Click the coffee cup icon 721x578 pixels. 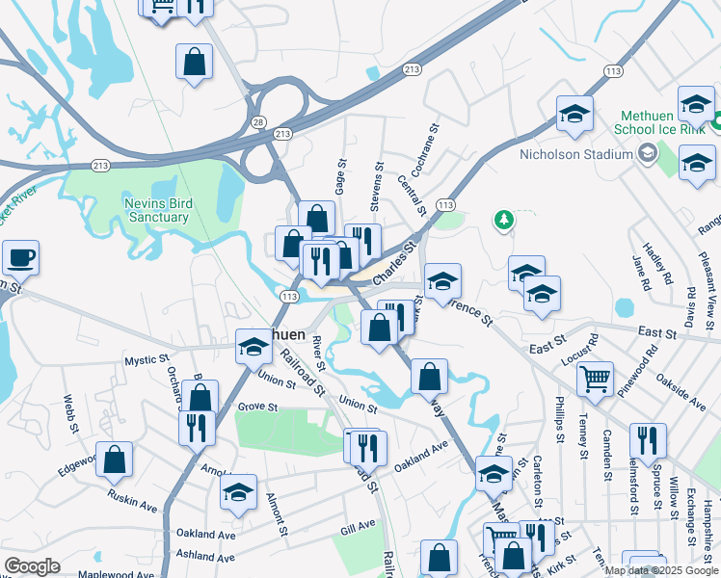19,258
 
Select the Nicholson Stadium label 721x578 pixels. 575,154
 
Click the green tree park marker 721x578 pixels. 502,222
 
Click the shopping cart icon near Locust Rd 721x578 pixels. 596,378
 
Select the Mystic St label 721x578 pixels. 147,361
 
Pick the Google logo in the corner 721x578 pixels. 32,566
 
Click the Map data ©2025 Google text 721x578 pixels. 660,570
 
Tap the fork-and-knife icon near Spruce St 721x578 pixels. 648,440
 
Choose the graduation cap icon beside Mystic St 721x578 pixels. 253,346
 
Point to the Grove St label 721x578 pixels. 257,407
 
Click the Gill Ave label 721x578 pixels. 358,527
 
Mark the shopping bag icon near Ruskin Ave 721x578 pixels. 114,462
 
